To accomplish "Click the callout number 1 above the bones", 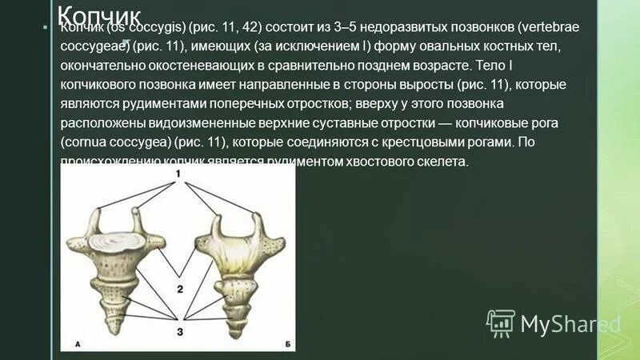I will tap(180, 174).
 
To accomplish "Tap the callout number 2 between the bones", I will tap(181, 289).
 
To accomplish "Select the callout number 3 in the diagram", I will tap(180, 330).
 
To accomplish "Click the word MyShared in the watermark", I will tap(570, 324).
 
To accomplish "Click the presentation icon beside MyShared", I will tap(501, 323).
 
